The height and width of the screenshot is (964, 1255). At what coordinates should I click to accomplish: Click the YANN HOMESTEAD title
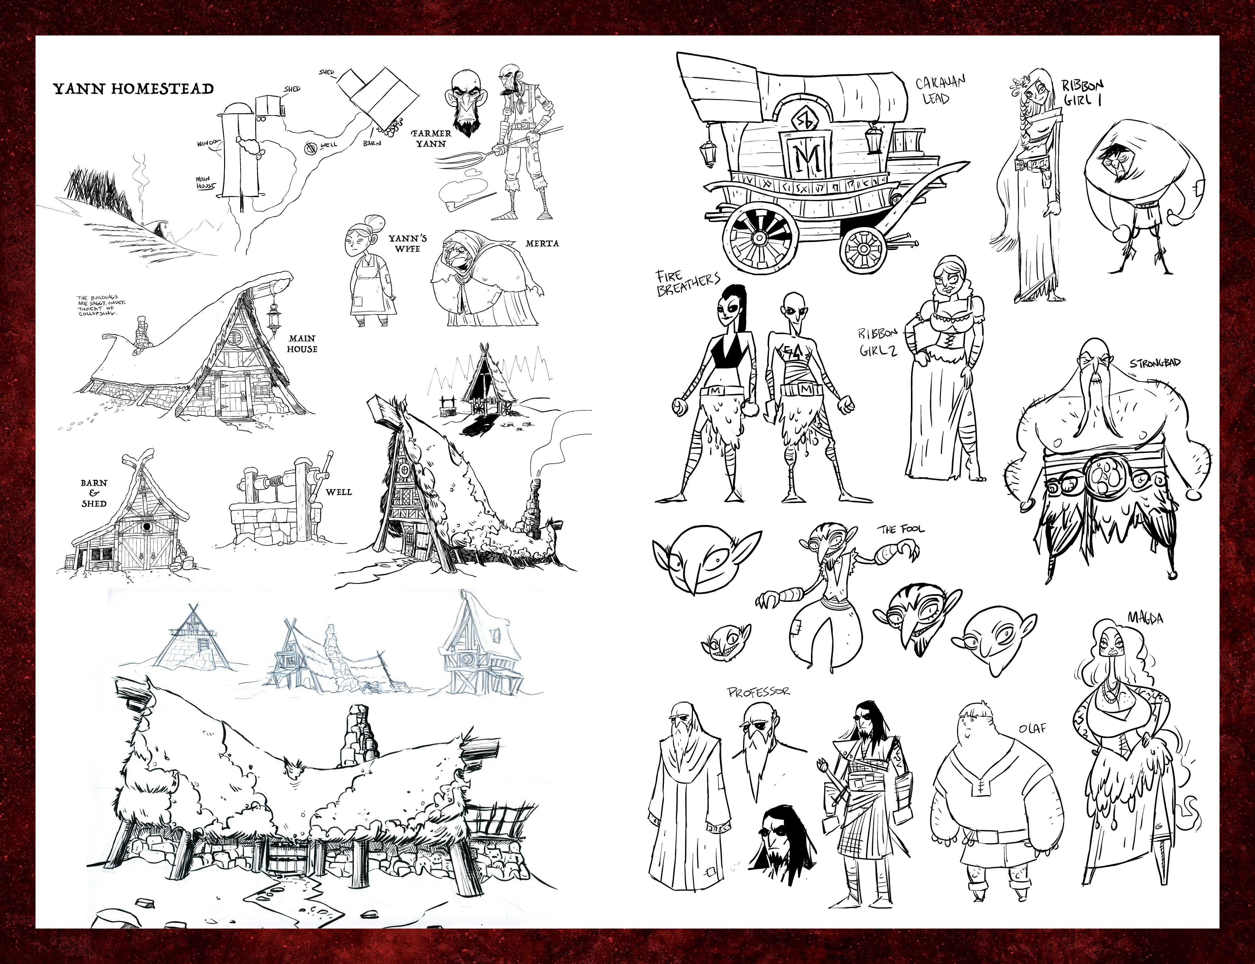coord(133,89)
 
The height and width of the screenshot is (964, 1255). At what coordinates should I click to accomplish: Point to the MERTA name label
coord(542,243)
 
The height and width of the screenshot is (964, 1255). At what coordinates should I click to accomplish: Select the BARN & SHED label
coord(93,493)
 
